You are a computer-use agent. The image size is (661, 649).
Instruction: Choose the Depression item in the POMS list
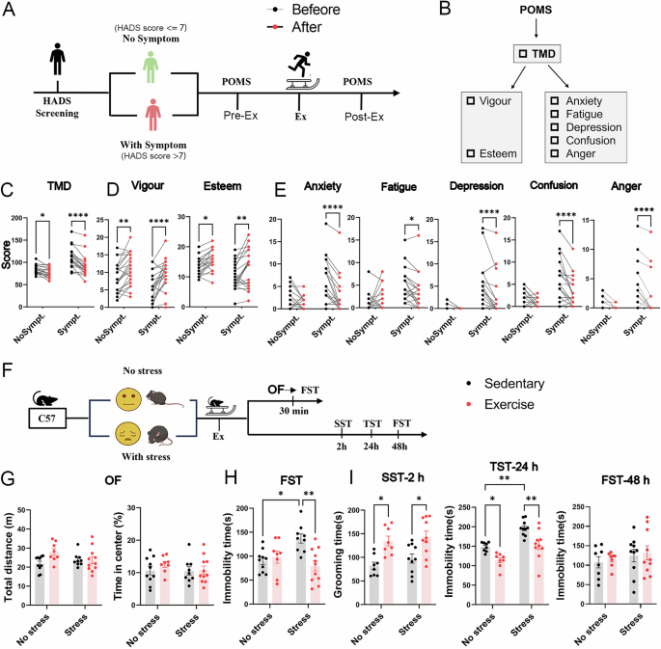point(594,127)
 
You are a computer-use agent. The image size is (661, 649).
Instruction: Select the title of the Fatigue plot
point(399,190)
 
